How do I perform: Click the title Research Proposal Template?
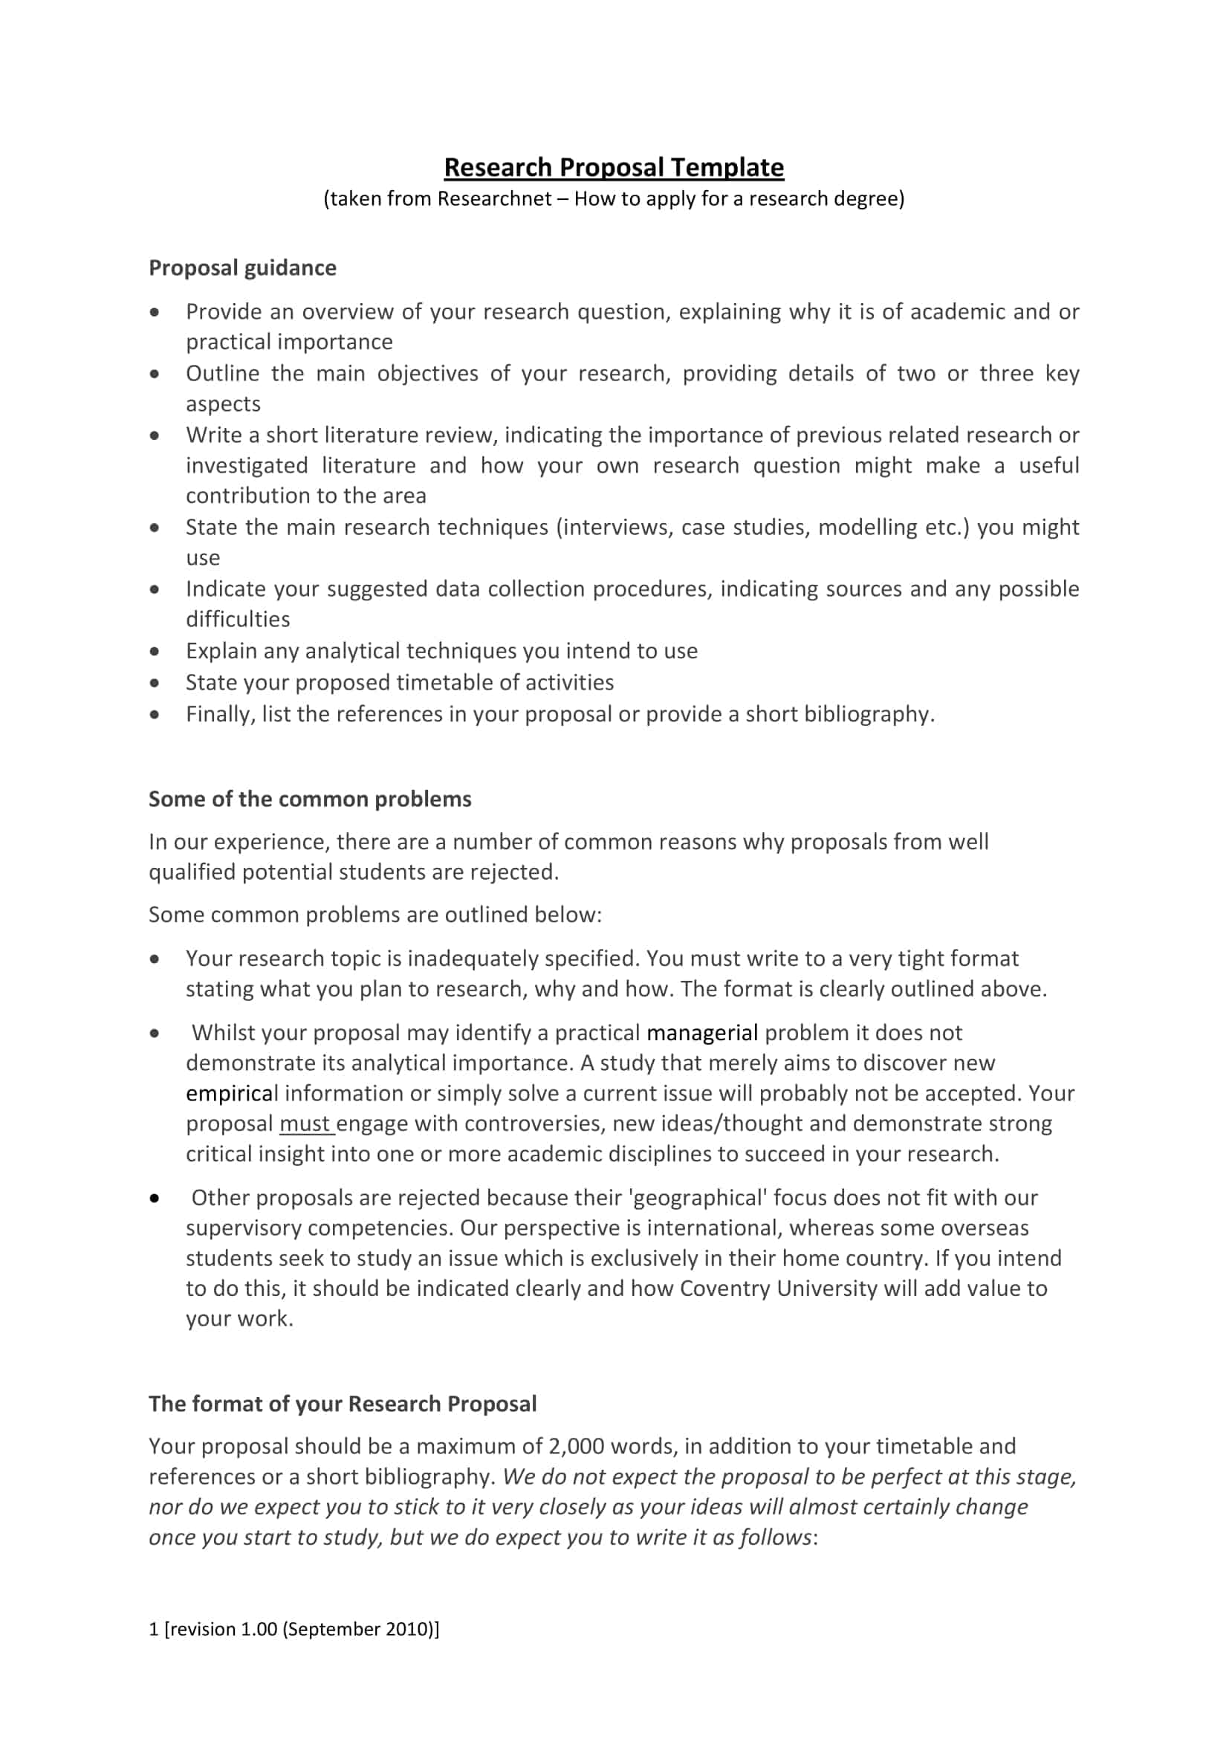[614, 167]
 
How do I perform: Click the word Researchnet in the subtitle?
[494, 199]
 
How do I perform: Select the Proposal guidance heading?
[242, 268]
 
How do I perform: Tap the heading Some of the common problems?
[310, 800]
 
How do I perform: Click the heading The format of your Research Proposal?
[342, 1404]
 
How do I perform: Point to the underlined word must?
[305, 1124]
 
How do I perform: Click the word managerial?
[702, 1034]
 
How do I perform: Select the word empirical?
[232, 1094]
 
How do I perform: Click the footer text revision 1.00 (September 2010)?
[301, 1630]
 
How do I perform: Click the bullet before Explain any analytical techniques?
[155, 652]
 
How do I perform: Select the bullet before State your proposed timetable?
[155, 684]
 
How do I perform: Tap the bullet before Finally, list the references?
[155, 715]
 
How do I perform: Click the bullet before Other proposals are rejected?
[155, 1199]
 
